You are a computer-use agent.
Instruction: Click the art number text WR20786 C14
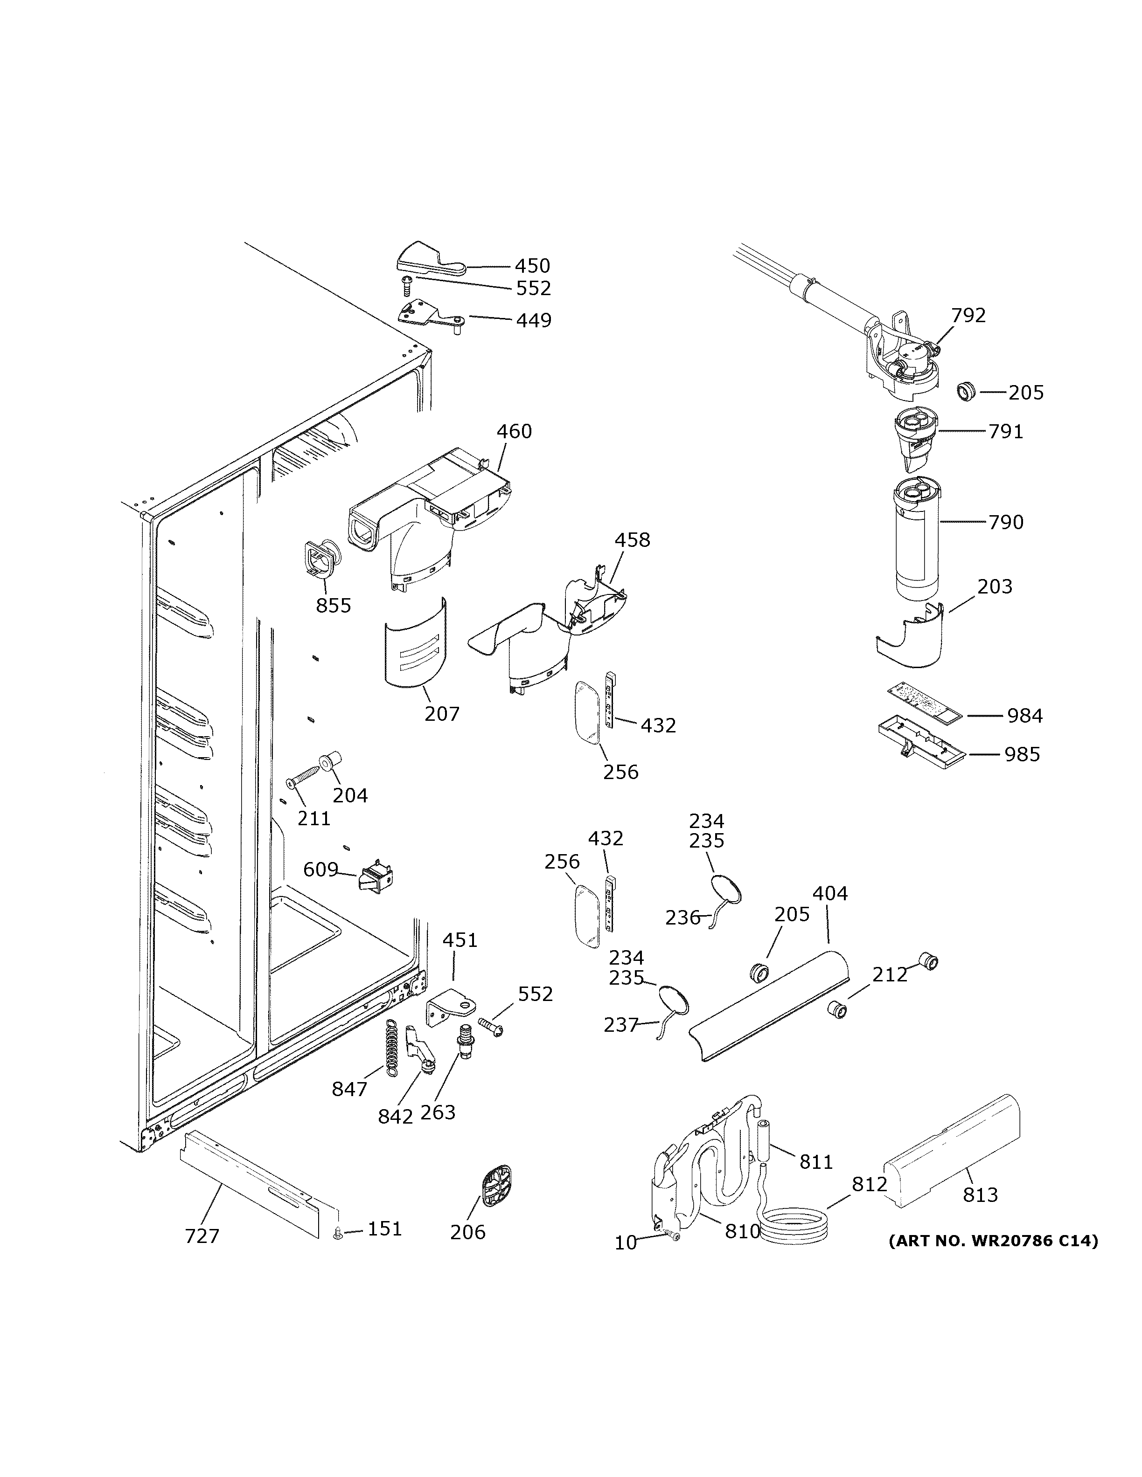click(993, 1240)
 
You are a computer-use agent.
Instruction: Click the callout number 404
click(829, 893)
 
